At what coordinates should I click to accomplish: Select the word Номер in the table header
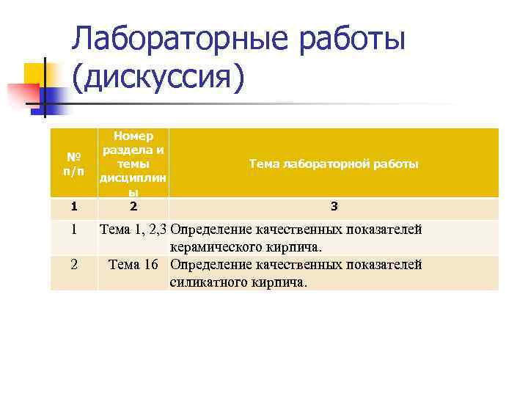133,136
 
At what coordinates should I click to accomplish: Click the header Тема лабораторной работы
334,164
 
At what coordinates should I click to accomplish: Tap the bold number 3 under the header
333,206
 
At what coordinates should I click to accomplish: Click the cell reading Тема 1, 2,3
133,230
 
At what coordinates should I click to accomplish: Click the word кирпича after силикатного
282,282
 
